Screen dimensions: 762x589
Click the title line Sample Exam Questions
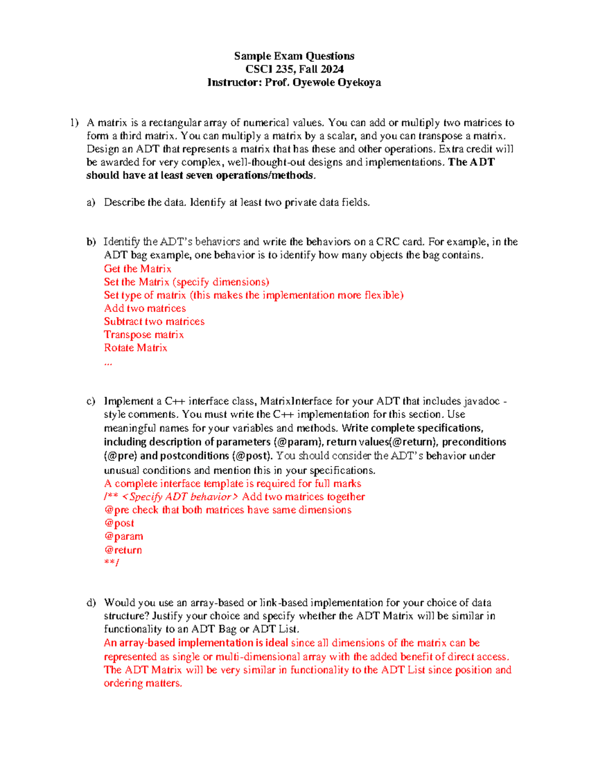click(x=294, y=56)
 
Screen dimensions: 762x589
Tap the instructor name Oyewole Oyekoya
click(x=337, y=82)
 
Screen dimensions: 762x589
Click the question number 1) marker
click(x=74, y=123)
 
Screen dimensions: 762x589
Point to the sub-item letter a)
click(x=91, y=202)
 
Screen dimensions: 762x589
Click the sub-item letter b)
click(x=91, y=242)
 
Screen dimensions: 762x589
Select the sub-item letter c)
click(x=91, y=401)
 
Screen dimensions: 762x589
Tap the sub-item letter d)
click(x=91, y=603)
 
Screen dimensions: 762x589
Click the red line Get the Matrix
click(x=137, y=269)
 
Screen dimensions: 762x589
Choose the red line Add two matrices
click(x=145, y=309)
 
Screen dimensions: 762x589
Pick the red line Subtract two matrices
click(x=154, y=322)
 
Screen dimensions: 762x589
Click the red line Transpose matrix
click(x=144, y=335)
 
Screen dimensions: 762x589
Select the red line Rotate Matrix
click(x=135, y=348)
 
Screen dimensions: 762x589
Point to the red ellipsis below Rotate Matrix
click(x=108, y=364)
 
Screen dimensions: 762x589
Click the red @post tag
click(x=119, y=524)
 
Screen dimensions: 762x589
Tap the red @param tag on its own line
click(x=124, y=537)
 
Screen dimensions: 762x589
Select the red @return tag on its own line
click(x=123, y=550)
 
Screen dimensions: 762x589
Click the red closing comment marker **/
click(x=111, y=563)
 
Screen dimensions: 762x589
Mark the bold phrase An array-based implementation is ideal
click(x=196, y=643)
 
